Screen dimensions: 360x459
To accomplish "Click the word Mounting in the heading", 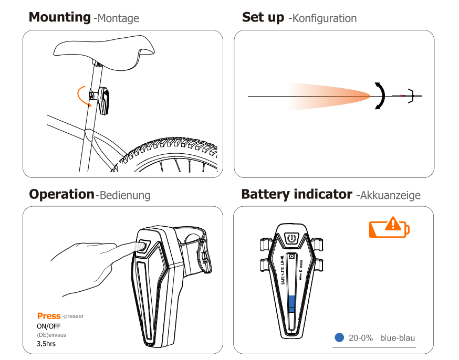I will [x=59, y=17].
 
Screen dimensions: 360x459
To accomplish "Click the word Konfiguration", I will [x=325, y=18].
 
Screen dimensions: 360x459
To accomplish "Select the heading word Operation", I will [x=61, y=194].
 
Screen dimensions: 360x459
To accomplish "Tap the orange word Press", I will [x=49, y=316].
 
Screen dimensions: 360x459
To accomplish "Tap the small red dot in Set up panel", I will [x=401, y=96].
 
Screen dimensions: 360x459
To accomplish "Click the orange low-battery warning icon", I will [x=389, y=228].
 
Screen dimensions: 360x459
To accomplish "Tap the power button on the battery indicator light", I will [x=291, y=239].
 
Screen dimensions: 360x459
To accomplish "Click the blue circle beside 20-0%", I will [x=339, y=338].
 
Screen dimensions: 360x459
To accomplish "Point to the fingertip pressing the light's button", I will [x=138, y=245].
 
